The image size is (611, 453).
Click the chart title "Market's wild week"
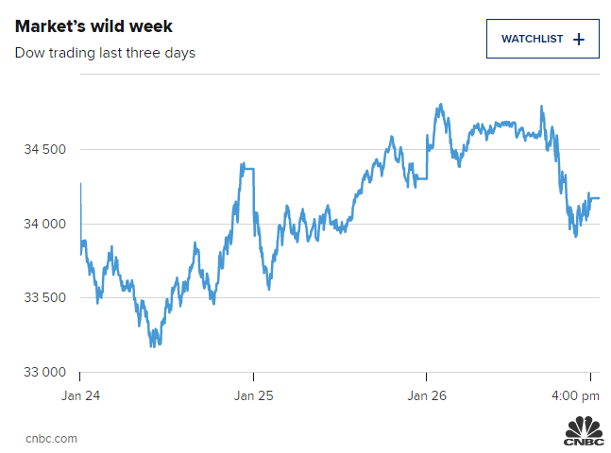click(x=93, y=25)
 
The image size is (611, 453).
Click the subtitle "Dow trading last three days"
click(x=105, y=53)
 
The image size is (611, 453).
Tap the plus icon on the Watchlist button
click(x=579, y=39)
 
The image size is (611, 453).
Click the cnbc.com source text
click(x=51, y=438)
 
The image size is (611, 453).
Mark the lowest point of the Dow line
click(x=152, y=345)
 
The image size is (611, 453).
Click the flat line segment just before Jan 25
click(x=247, y=166)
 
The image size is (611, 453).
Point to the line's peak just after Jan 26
click(x=440, y=105)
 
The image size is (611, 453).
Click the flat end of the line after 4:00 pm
click(x=594, y=198)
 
